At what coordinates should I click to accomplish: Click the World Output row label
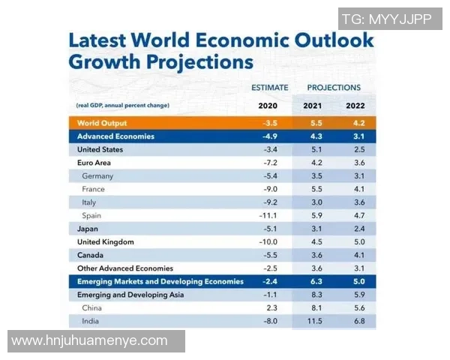102,123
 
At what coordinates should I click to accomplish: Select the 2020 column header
268,105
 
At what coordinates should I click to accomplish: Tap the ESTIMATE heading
268,88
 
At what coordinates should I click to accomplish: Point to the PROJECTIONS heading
334,88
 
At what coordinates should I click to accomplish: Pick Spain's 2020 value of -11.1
268,215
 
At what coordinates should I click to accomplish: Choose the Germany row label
97,175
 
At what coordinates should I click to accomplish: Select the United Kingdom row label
106,241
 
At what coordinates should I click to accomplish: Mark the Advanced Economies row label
115,136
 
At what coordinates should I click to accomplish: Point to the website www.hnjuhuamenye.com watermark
89,341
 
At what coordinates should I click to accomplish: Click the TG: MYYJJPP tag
386,19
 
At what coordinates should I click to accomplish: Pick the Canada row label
91,255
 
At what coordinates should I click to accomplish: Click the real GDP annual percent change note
122,105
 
